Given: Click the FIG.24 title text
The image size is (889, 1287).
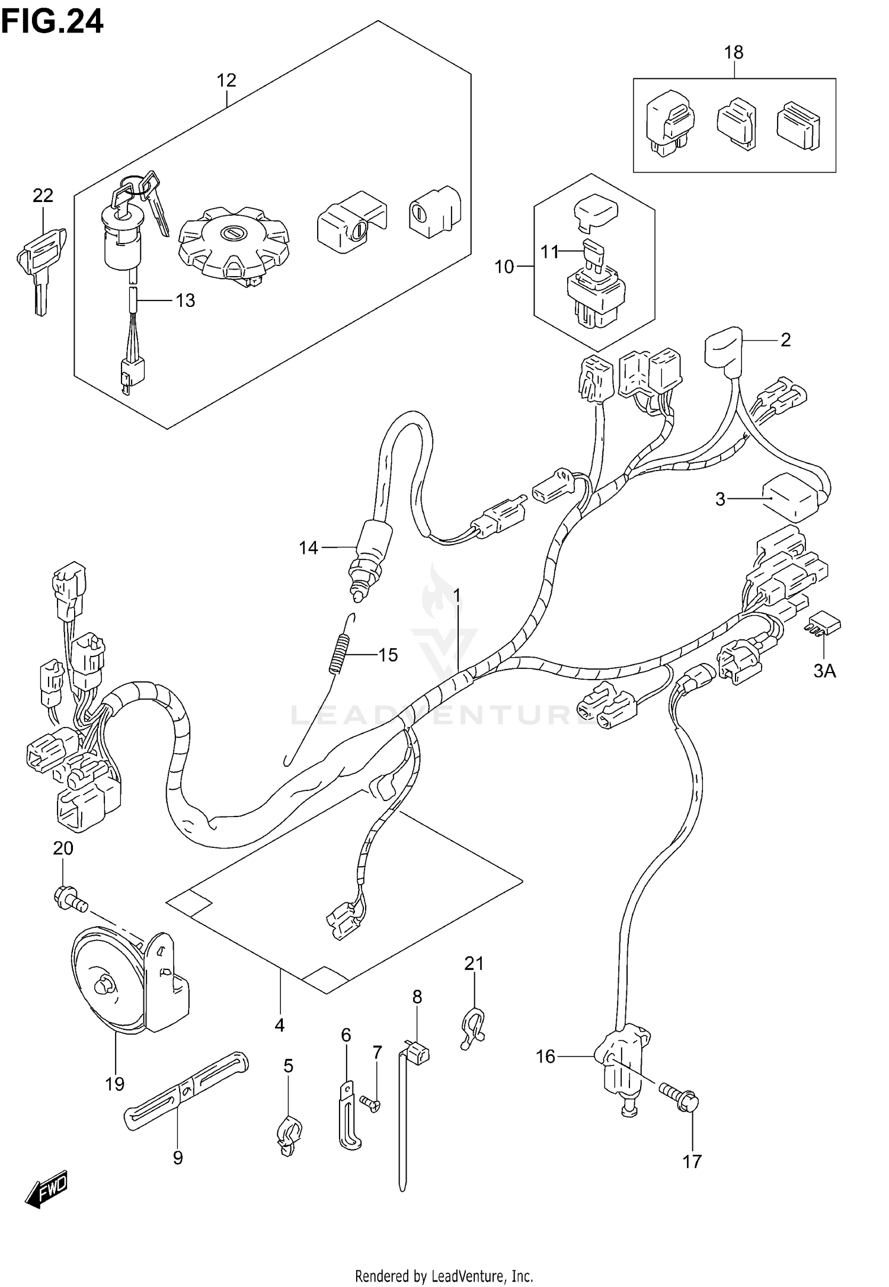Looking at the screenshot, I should [52, 22].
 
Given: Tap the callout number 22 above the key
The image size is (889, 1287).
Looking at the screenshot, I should [43, 195].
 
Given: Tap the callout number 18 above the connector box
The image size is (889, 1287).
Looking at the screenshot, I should [734, 52].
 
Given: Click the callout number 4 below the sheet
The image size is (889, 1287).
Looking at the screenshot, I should [280, 1025].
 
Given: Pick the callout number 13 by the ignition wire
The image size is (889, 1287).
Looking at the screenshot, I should [186, 300].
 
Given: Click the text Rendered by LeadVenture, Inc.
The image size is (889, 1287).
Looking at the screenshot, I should [444, 1275].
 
